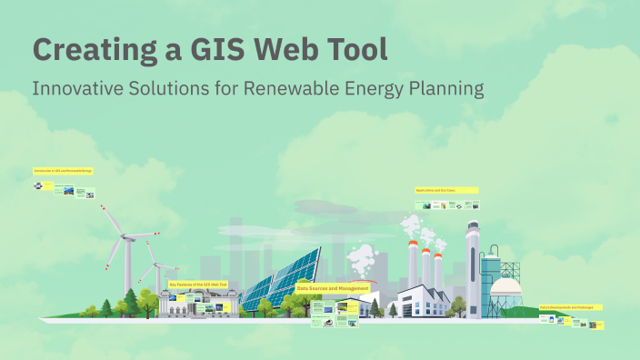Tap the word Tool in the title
tap(355, 49)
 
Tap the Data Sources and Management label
tap(333, 288)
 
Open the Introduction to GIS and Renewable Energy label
tap(63, 170)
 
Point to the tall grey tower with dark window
tap(472, 264)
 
